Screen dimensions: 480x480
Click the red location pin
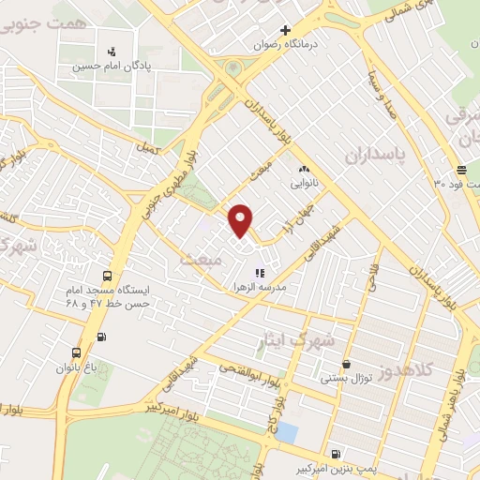241,219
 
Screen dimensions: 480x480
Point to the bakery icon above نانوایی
303,169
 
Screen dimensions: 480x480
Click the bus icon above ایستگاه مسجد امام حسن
108,277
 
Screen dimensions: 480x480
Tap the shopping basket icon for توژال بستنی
347,364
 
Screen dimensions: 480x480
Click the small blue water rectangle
287,432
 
